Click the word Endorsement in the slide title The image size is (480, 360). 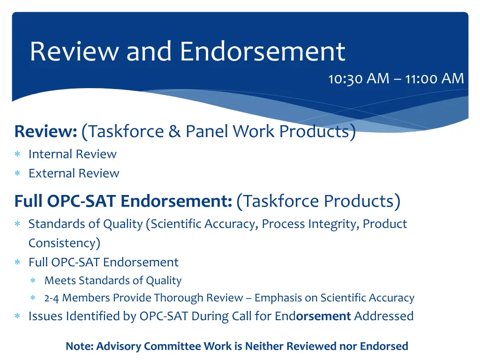[262, 52]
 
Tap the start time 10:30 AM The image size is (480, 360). [358, 79]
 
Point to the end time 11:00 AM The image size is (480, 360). [435, 79]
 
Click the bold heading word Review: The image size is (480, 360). [45, 132]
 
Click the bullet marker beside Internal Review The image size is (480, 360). [17, 154]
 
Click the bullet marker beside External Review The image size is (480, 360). [17, 174]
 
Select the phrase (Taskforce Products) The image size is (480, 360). [319, 201]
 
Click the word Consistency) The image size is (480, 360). [64, 243]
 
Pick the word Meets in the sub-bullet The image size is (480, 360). [60, 281]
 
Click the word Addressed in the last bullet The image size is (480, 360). [383, 316]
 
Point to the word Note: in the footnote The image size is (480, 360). [79, 346]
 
